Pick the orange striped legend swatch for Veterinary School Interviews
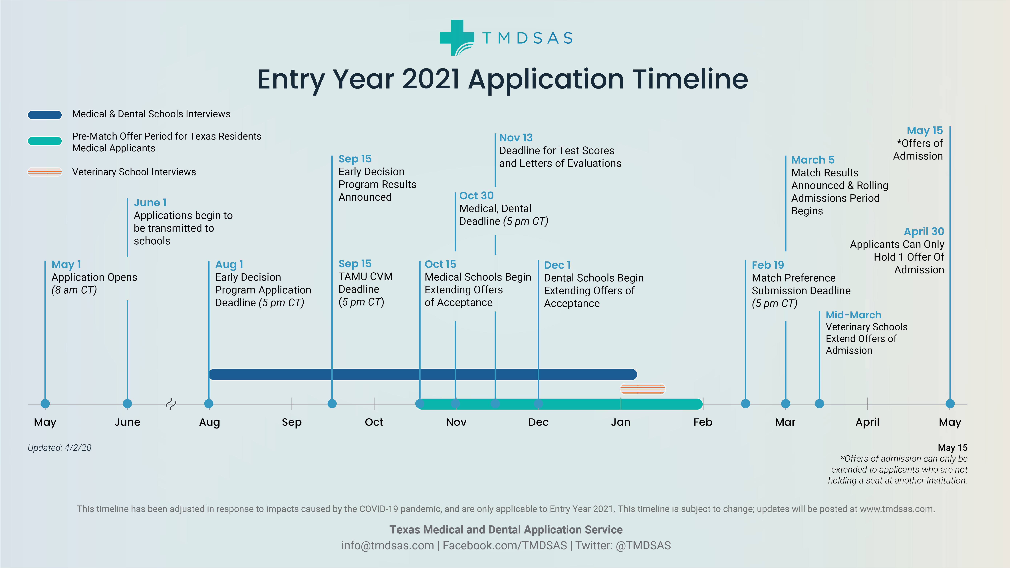[45, 172]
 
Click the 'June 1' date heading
[150, 203]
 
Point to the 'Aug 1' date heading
[229, 265]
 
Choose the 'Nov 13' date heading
[516, 138]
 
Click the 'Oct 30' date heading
[476, 196]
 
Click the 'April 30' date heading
[924, 232]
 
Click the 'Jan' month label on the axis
[621, 422]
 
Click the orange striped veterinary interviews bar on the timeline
[643, 389]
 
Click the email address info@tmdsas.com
[387, 546]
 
